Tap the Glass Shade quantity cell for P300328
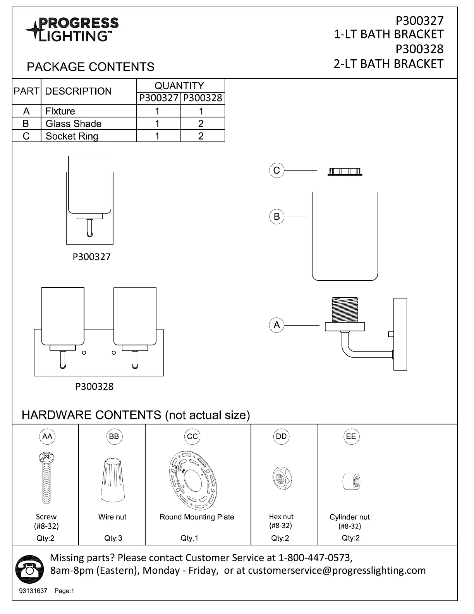coord(201,124)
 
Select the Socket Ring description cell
coord(72,136)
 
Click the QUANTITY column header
coord(179,86)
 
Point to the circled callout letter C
coord(276,171)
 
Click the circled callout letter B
coord(276,216)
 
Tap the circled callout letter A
coord(276,325)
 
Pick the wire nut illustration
coord(113,481)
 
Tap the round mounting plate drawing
coord(193,480)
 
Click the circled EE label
coord(351,436)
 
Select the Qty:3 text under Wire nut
coord(113,538)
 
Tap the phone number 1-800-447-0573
coord(315,558)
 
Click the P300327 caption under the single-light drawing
coord(92,257)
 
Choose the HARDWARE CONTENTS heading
coord(136,415)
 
